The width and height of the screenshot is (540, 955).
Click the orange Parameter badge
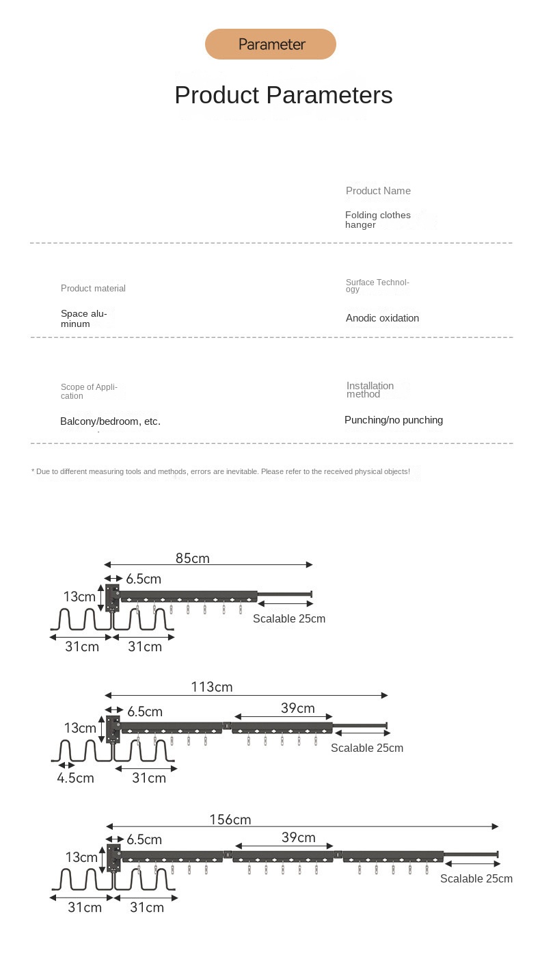click(271, 44)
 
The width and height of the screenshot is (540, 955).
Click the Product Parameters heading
click(283, 95)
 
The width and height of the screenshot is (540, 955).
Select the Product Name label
click(378, 191)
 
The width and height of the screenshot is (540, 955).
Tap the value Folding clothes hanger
click(377, 220)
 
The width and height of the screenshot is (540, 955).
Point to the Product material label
click(93, 289)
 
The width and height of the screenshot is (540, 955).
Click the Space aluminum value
click(83, 319)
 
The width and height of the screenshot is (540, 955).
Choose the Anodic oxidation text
click(382, 318)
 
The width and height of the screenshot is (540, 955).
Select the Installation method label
click(370, 389)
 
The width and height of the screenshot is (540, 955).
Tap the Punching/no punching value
click(393, 420)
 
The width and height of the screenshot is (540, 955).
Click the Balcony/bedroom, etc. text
click(110, 421)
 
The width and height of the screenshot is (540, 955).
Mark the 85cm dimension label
click(193, 558)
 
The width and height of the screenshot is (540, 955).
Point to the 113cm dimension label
click(212, 687)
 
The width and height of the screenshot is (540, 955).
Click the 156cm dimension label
click(230, 820)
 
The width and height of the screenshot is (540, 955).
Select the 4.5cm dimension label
click(75, 778)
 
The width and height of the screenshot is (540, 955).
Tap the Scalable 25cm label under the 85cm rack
click(289, 618)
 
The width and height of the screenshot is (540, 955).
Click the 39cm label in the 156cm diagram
click(299, 837)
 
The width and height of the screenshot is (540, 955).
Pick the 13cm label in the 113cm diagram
click(80, 728)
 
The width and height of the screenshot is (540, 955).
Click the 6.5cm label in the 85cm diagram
click(144, 579)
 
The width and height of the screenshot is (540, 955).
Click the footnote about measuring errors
click(221, 471)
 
